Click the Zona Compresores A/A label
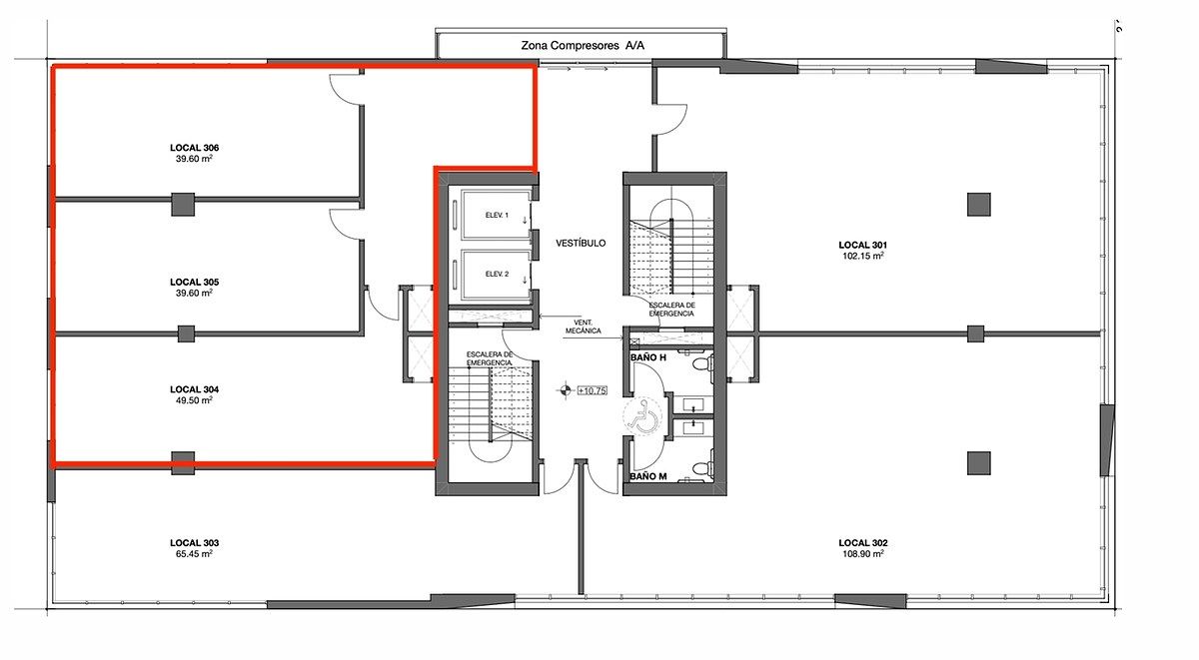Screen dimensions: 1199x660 (x=583, y=46)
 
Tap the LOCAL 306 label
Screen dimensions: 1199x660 (x=194, y=148)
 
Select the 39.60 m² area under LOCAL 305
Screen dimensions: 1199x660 (x=194, y=294)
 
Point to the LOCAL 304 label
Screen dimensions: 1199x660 (x=194, y=389)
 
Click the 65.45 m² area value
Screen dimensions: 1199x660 (x=194, y=553)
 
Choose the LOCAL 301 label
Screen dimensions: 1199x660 (x=863, y=245)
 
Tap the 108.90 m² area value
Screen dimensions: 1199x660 (x=863, y=553)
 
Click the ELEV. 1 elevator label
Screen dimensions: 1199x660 (x=497, y=215)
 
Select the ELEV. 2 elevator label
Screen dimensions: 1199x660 (x=497, y=274)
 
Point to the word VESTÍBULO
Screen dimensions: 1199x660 (x=581, y=244)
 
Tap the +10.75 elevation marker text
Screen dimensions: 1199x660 (x=592, y=391)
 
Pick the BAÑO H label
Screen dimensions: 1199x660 (x=648, y=357)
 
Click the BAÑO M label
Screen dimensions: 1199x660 (x=648, y=476)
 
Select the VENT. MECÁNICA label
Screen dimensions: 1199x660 (x=584, y=327)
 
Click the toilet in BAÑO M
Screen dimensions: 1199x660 (x=702, y=468)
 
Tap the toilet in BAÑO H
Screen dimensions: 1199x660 (x=702, y=364)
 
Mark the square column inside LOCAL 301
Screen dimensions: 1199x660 (x=979, y=205)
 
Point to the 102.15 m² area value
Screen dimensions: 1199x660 (x=863, y=256)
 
